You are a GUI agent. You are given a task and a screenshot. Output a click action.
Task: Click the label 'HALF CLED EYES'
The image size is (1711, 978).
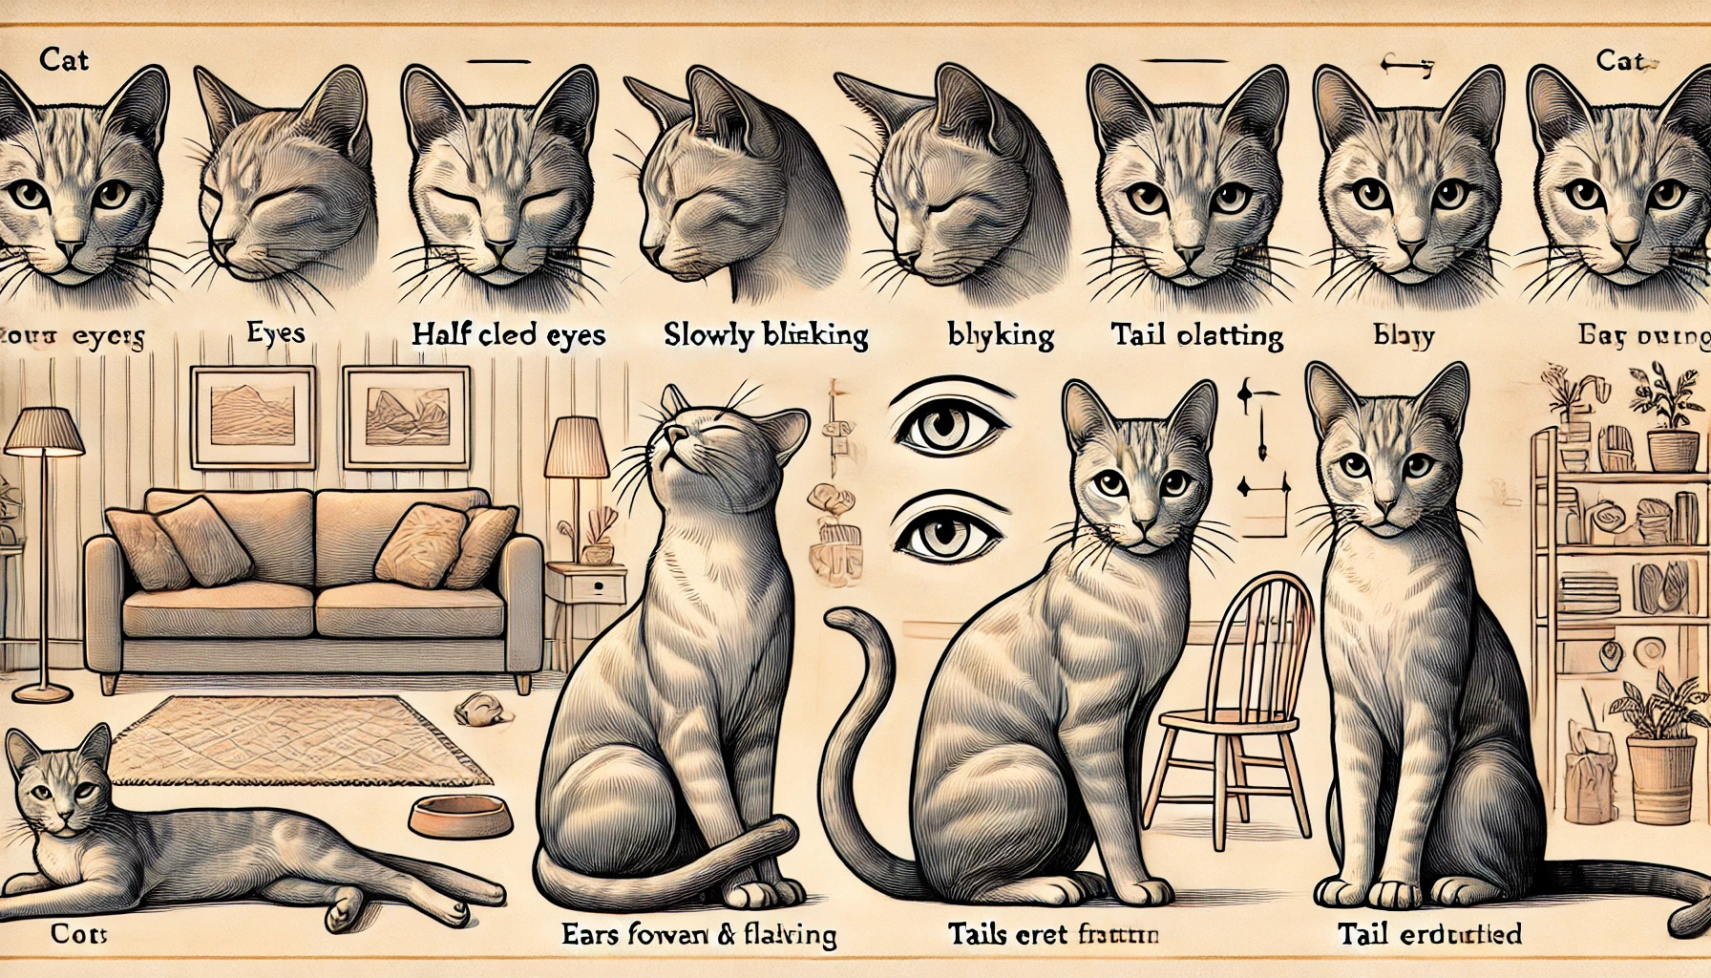tap(508, 335)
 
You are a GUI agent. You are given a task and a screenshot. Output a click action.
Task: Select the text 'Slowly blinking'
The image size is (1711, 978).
tap(766, 335)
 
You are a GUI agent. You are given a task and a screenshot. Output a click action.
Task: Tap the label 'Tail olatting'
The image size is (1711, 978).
tap(1195, 335)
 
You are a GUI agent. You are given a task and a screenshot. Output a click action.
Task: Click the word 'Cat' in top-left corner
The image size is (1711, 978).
tap(64, 59)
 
